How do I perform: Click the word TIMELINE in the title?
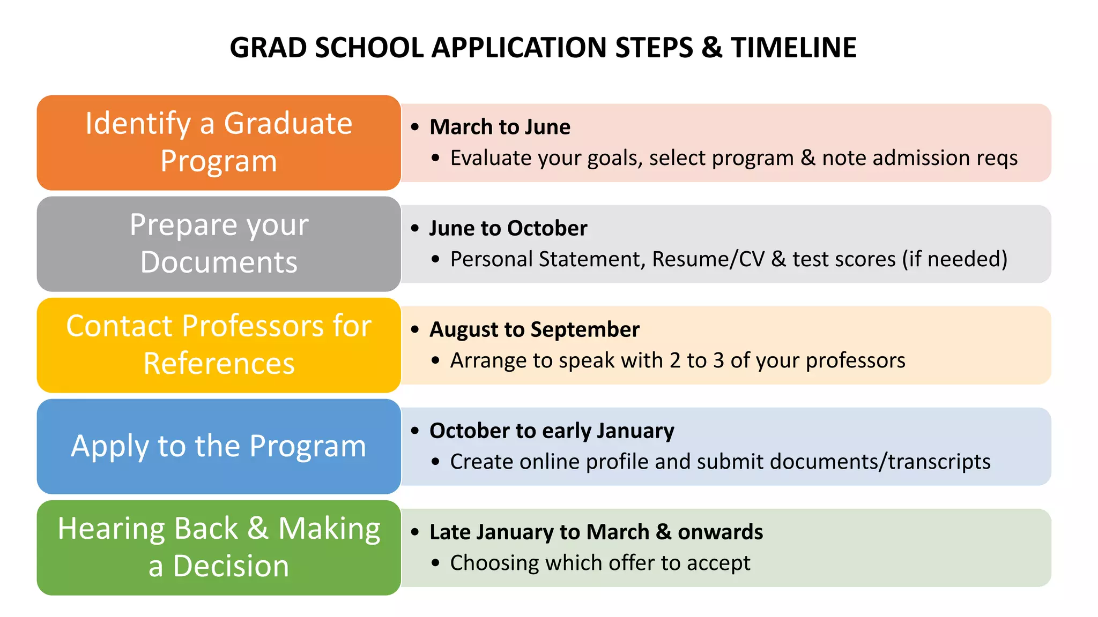pos(793,48)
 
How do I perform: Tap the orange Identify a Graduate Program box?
pos(219,142)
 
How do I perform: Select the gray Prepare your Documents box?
pos(219,244)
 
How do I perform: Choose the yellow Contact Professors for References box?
pos(219,345)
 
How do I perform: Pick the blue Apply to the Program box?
pos(219,446)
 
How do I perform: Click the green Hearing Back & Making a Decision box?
pos(219,547)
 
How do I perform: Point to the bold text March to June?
pos(500,127)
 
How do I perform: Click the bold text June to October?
pos(508,228)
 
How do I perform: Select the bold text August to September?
pos(534,329)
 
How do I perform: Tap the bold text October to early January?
pos(552,431)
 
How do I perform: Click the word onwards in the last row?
pos(720,532)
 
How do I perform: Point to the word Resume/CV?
pos(708,259)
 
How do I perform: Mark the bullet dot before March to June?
pos(415,127)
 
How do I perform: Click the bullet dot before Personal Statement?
pos(435,260)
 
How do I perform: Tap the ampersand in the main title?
pos(711,48)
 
